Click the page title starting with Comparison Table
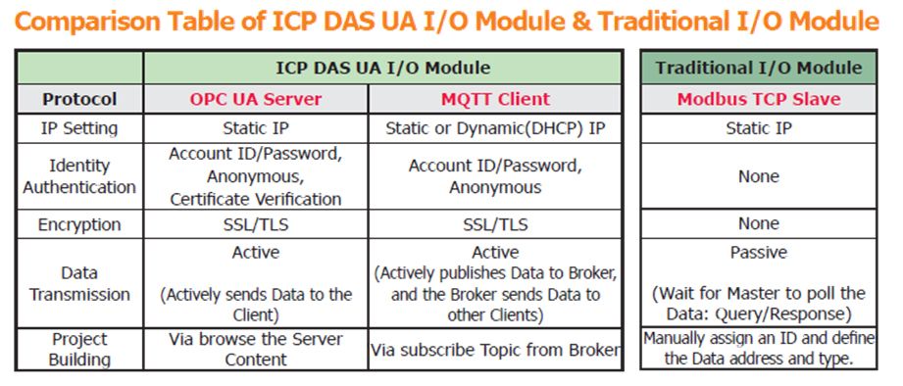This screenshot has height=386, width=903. pyautogui.click(x=446, y=22)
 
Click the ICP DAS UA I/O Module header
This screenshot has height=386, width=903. pyautogui.click(x=383, y=68)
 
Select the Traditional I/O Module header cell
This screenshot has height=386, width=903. pyautogui.click(x=759, y=68)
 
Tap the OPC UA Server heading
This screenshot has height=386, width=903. pyautogui.click(x=256, y=99)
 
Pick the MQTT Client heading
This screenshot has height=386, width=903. pyautogui.click(x=495, y=99)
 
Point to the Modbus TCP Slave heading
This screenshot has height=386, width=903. pyautogui.click(x=759, y=99)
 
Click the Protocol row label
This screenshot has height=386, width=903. pyautogui.click(x=79, y=99)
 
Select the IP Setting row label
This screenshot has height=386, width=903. pyautogui.click(x=79, y=128)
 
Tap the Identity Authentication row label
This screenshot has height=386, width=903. pyautogui.click(x=79, y=176)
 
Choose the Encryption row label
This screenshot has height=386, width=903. pyautogui.click(x=79, y=224)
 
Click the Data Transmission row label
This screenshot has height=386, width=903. pyautogui.click(x=79, y=283)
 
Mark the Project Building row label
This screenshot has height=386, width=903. pyautogui.click(x=79, y=349)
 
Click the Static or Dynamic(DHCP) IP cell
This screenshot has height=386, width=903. pyautogui.click(x=495, y=128)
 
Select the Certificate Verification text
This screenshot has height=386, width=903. pyautogui.click(x=256, y=199)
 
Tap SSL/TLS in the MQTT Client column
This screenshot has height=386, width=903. pyautogui.click(x=495, y=224)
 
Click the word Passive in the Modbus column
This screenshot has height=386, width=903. pyautogui.click(x=759, y=252)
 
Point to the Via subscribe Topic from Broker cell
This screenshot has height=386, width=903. pyautogui.click(x=495, y=350)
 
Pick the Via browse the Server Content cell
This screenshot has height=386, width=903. pyautogui.click(x=256, y=349)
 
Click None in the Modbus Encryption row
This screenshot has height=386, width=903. pyautogui.click(x=759, y=223)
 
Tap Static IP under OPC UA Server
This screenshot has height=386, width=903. pyautogui.click(x=256, y=128)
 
